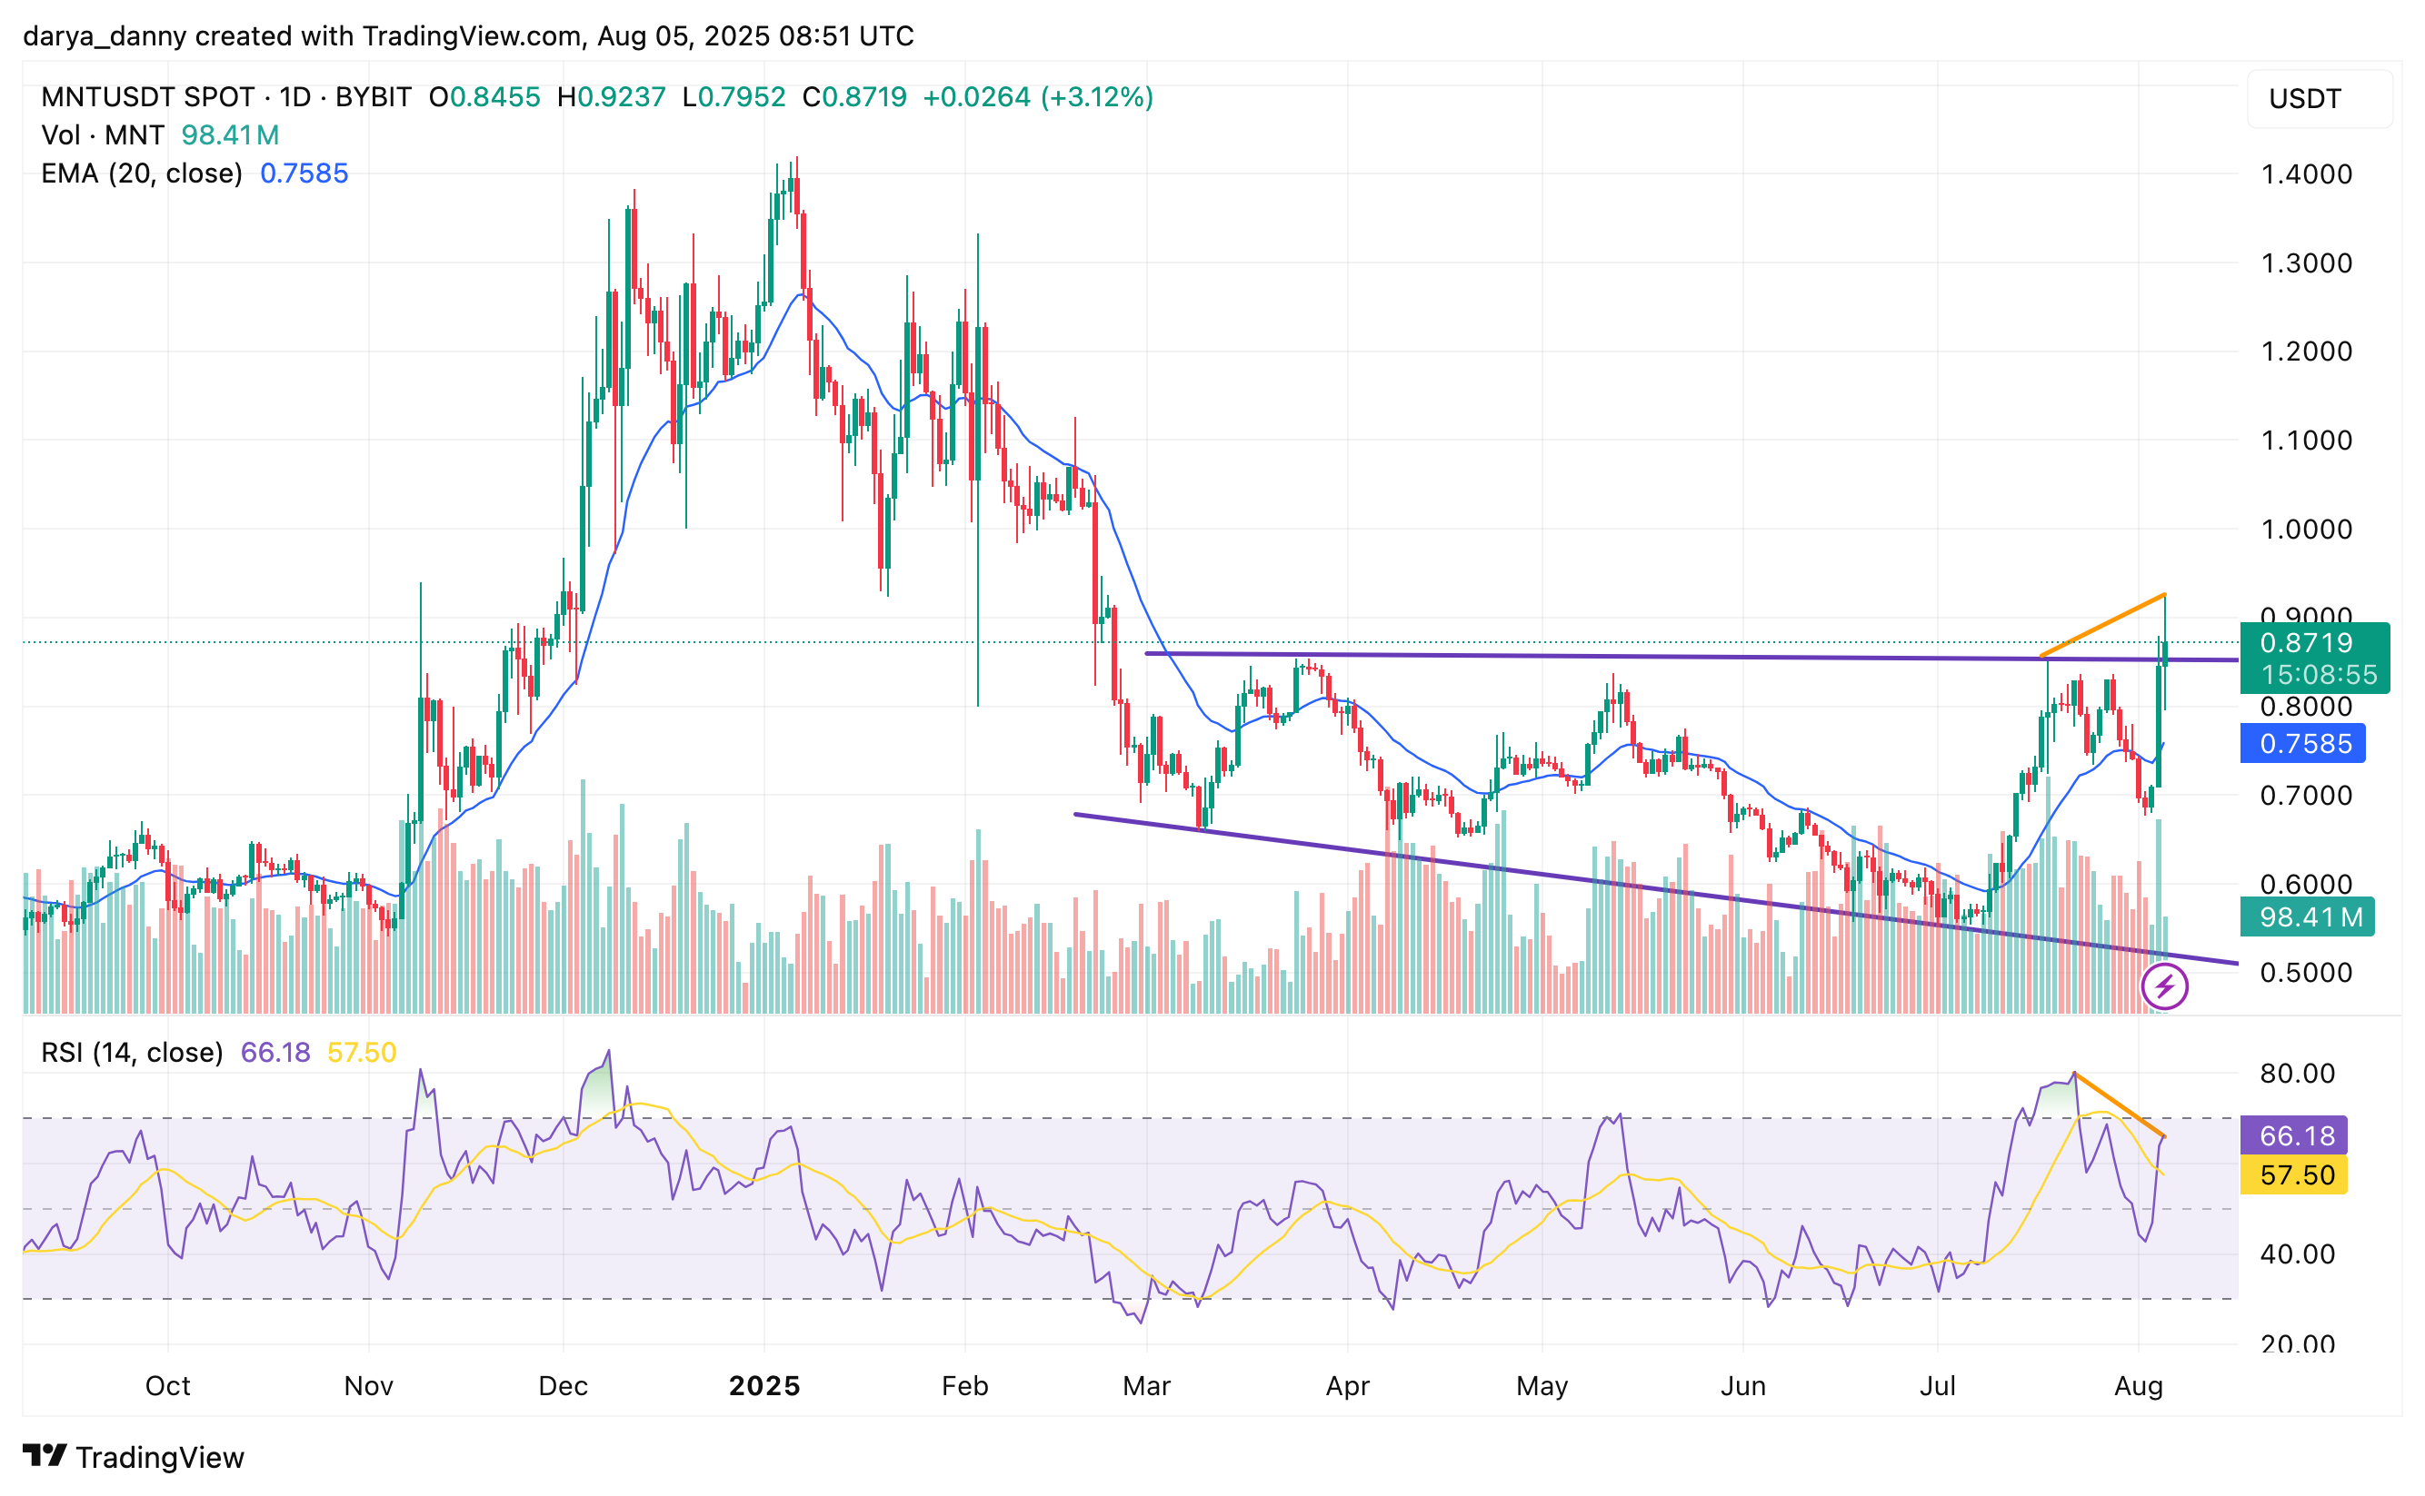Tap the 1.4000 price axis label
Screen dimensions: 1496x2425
pyautogui.click(x=2305, y=175)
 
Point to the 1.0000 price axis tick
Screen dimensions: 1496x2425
pyautogui.click(x=2305, y=530)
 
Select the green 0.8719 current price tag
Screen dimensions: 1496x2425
pyautogui.click(x=2313, y=644)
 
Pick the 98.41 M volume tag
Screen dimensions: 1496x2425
pyautogui.click(x=2305, y=917)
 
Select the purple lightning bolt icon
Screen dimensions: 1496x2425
pyautogui.click(x=2164, y=987)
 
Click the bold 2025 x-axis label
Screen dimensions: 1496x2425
pyautogui.click(x=764, y=1386)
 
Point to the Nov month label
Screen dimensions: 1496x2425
pyautogui.click(x=368, y=1386)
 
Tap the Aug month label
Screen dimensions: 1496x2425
pyautogui.click(x=2138, y=1386)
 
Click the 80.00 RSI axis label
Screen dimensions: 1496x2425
pyautogui.click(x=2296, y=1074)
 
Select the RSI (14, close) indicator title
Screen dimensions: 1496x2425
pyautogui.click(x=132, y=1053)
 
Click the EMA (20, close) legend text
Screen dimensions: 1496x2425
pyautogui.click(x=142, y=174)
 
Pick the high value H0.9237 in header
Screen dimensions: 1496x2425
pyautogui.click(x=611, y=98)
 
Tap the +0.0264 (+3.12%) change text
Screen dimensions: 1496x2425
pyautogui.click(x=1037, y=98)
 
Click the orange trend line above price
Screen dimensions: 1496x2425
pyautogui.click(x=2103, y=625)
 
